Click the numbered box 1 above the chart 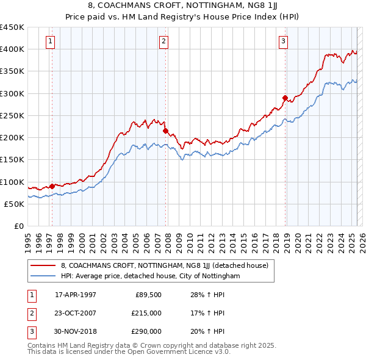pyautogui.click(x=49, y=41)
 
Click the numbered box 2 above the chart pyautogui.click(x=164, y=41)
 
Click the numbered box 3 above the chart pyautogui.click(x=284, y=41)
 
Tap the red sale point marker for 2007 pyautogui.click(x=165, y=130)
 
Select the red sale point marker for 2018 pyautogui.click(x=285, y=98)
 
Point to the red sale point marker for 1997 pyautogui.click(x=52, y=186)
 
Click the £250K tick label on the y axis pyautogui.click(x=12, y=115)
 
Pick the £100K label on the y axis pyautogui.click(x=12, y=182)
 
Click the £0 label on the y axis pyautogui.click(x=18, y=226)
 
